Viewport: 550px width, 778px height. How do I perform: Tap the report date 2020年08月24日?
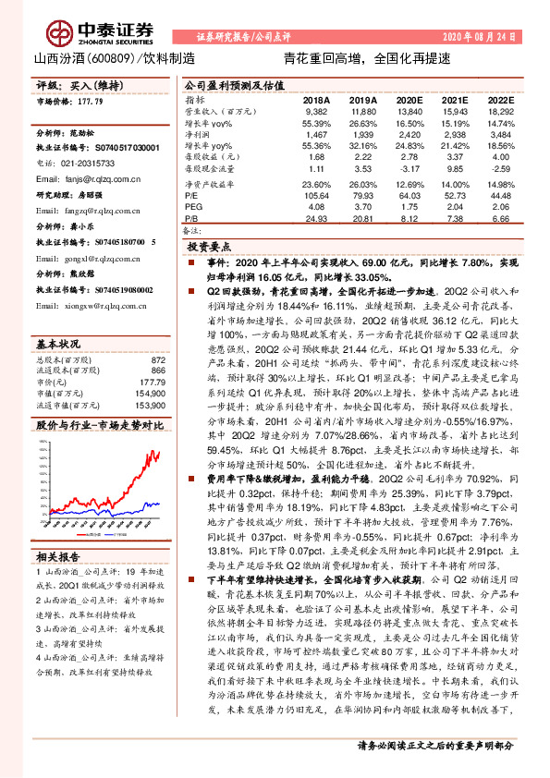coord(480,38)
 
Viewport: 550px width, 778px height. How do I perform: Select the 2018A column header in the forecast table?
coord(316,99)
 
